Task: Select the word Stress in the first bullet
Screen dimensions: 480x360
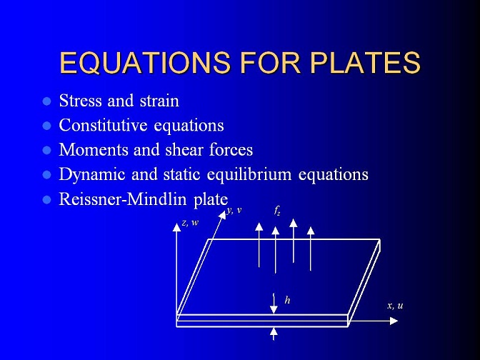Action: click(x=80, y=101)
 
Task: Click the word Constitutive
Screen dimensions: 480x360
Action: click(x=103, y=125)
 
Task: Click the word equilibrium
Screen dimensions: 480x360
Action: click(x=249, y=175)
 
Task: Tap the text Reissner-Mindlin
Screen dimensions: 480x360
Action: click(x=123, y=199)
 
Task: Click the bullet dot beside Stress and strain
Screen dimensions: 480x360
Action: click(x=47, y=101)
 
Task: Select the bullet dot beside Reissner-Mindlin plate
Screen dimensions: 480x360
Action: click(x=47, y=200)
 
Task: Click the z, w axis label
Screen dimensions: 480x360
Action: click(x=190, y=223)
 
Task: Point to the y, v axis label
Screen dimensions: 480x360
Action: click(x=234, y=211)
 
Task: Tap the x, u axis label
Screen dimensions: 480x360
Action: click(x=395, y=305)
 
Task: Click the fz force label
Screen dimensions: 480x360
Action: click(x=277, y=211)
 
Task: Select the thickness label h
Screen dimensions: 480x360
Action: click(x=287, y=300)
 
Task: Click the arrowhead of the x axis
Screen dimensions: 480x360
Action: click(x=394, y=321)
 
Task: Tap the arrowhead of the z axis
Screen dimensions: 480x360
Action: click(x=176, y=227)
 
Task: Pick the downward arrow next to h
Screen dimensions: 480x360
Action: click(x=274, y=304)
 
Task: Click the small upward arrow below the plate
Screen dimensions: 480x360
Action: click(x=274, y=334)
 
